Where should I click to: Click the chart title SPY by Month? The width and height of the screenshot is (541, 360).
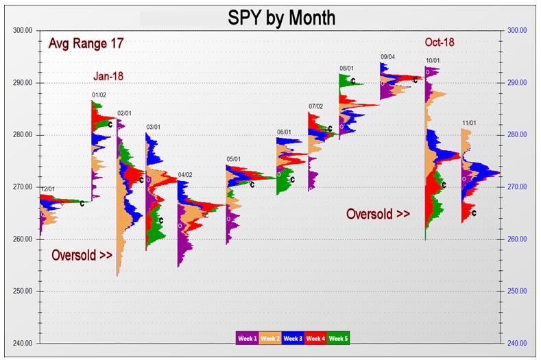click(281, 17)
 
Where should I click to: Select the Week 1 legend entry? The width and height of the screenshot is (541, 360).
click(247, 338)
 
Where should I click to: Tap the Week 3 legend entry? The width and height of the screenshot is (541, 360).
click(293, 338)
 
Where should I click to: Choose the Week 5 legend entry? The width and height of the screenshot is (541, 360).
click(339, 338)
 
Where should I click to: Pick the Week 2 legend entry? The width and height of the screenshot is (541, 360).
click(269, 338)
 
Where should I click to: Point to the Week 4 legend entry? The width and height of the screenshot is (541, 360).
click(316, 338)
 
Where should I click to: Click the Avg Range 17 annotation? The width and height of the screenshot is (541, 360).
click(86, 45)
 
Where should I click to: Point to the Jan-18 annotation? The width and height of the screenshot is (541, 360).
click(108, 76)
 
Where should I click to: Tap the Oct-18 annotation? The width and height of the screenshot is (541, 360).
click(440, 43)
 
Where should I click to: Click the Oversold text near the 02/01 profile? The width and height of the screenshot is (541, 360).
click(82, 255)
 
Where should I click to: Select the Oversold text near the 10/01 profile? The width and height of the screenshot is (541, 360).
click(378, 214)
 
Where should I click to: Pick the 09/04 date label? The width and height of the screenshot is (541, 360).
click(388, 57)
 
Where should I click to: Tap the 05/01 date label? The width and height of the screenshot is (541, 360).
click(234, 160)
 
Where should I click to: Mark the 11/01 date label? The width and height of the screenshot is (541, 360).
click(470, 123)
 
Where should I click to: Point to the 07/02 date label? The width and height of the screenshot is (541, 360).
click(315, 106)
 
